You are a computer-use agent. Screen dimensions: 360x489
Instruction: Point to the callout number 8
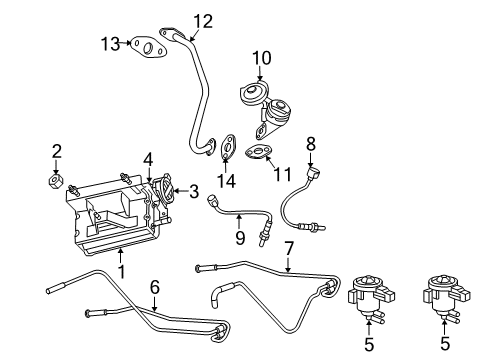click(310, 143)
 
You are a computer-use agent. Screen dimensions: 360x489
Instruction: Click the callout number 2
click(57, 152)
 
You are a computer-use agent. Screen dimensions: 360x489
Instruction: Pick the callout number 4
click(147, 158)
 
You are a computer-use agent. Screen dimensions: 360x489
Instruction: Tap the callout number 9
click(240, 238)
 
